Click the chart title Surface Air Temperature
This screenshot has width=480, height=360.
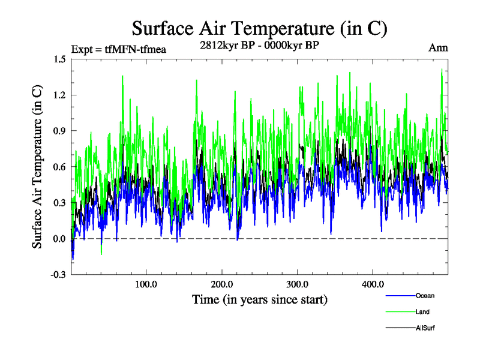259,28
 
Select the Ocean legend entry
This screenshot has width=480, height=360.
424,296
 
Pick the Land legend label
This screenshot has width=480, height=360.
422,311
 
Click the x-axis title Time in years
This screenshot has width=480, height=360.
259,299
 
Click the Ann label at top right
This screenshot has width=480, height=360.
438,48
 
